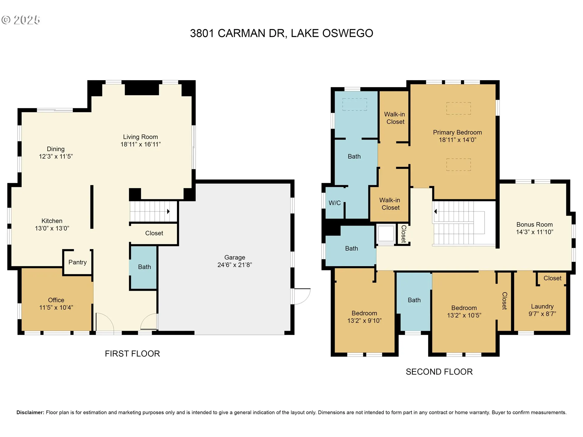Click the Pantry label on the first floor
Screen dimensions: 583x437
(77, 262)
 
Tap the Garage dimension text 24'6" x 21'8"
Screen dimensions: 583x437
(235, 265)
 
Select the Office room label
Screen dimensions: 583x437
(56, 300)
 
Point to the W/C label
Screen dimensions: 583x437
(335, 203)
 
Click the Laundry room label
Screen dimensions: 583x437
(542, 307)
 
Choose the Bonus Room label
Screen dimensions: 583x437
(535, 225)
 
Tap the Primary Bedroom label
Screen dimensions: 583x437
(457, 132)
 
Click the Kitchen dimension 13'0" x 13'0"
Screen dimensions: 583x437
(52, 229)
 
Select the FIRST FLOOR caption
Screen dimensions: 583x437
(132, 354)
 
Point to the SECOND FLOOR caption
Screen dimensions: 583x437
(439, 372)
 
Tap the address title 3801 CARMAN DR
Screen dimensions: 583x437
(238, 33)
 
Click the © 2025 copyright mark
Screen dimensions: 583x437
(21, 20)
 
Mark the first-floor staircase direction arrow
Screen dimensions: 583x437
(168, 212)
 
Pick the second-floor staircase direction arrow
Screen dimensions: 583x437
(435, 212)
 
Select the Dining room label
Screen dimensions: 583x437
(56, 149)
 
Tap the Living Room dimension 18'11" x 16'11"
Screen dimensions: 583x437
(141, 144)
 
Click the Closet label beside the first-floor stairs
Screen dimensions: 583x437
(154, 233)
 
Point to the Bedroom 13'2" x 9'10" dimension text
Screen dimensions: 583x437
(364, 320)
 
